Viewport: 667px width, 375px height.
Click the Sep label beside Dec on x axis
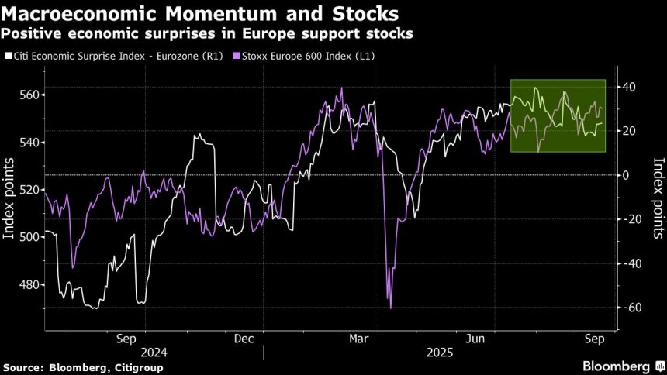click(x=126, y=338)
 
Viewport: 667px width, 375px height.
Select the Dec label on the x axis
click(x=243, y=338)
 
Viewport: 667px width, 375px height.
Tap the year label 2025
click(x=440, y=353)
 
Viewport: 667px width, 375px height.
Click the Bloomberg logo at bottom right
click(x=617, y=366)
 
